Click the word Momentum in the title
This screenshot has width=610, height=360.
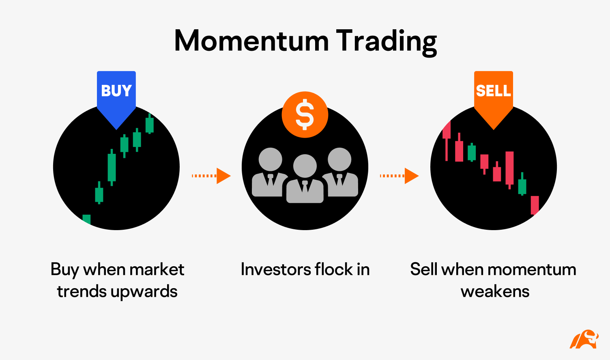[x=251, y=41]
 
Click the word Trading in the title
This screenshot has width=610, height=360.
[x=387, y=42]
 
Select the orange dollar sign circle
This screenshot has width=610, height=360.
[x=305, y=114]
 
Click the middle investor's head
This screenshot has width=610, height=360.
[x=305, y=166]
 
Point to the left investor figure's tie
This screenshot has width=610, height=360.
[x=271, y=179]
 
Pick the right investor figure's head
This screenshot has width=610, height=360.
[x=339, y=160]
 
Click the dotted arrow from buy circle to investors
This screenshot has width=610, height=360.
[x=211, y=176]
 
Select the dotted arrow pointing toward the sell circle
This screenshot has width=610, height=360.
[x=400, y=176]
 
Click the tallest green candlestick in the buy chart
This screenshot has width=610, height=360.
[x=112, y=167]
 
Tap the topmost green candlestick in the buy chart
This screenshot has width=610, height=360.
[x=150, y=124]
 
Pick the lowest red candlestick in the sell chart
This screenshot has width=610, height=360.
[x=535, y=205]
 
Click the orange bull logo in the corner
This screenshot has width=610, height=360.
[x=584, y=339]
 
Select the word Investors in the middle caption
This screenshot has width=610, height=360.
[x=276, y=269]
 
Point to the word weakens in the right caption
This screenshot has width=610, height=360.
[x=495, y=291]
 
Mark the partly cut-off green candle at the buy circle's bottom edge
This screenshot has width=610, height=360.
[x=87, y=220]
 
